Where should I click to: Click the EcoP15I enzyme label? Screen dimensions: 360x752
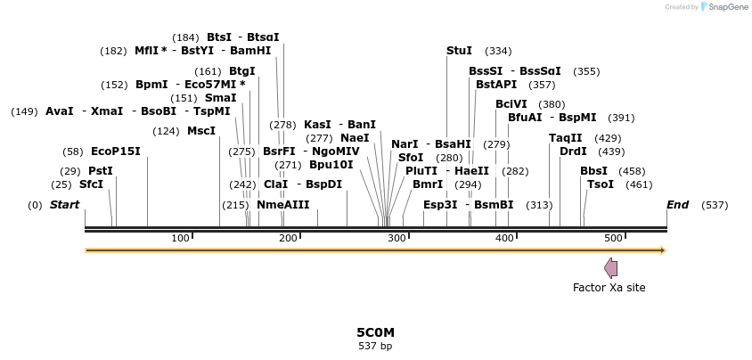(116, 151)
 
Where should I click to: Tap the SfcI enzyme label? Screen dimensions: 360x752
(92, 184)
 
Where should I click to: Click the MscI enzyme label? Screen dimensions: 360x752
(201, 131)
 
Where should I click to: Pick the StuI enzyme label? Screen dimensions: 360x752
(460, 51)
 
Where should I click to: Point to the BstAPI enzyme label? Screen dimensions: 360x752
(496, 85)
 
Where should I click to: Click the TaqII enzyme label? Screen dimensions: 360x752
(566, 138)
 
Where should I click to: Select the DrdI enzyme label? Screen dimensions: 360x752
(573, 151)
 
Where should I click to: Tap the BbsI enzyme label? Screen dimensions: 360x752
(594, 171)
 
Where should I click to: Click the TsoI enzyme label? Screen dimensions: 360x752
(601, 184)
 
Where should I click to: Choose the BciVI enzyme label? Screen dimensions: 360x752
(511, 104)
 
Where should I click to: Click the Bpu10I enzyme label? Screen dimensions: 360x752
(331, 165)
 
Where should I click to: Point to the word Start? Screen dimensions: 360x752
(64, 205)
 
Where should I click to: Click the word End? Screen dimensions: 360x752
(678, 205)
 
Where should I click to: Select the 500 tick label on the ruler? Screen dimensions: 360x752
(613, 238)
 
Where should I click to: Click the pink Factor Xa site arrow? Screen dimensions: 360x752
(610, 267)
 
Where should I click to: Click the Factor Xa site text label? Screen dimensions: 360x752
(609, 288)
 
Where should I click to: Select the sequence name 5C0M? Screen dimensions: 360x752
(375, 332)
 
